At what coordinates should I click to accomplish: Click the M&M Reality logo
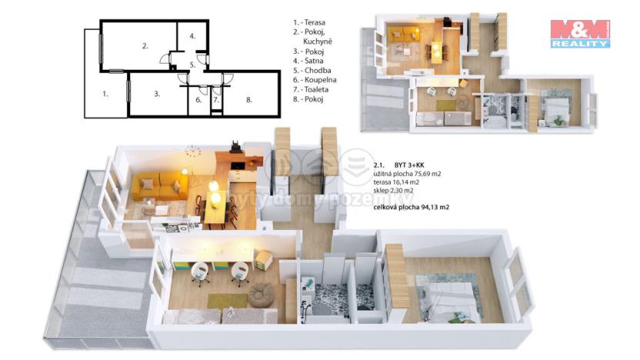(x=580, y=34)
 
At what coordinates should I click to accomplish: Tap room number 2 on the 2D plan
(x=145, y=46)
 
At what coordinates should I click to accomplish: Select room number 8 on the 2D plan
(x=249, y=99)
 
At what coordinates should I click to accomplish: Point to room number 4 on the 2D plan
(x=193, y=36)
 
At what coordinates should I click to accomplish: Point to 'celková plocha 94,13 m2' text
(x=411, y=208)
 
